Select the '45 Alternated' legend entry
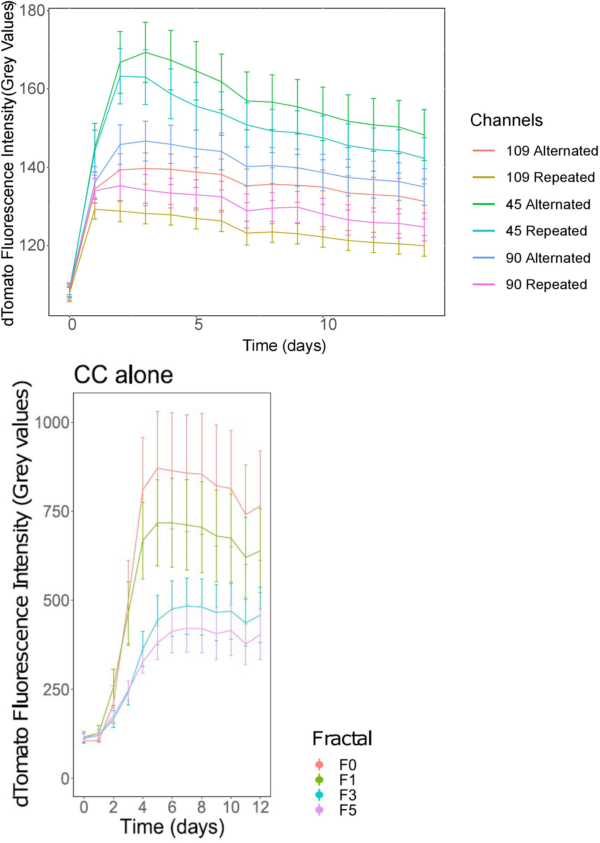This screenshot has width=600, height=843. point(547,204)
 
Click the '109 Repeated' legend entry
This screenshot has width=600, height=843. point(550,178)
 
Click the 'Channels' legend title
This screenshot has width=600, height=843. point(506,120)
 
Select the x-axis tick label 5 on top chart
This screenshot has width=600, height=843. point(199,324)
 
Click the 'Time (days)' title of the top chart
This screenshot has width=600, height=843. point(284,345)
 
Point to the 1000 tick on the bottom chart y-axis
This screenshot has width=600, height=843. point(52,422)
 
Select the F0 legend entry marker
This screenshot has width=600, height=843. point(319,764)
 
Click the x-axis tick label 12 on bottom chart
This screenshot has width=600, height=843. point(260,807)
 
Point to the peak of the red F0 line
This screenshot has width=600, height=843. point(158,468)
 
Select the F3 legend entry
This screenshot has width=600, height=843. point(347,795)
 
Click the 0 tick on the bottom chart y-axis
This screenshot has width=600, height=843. point(65,779)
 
